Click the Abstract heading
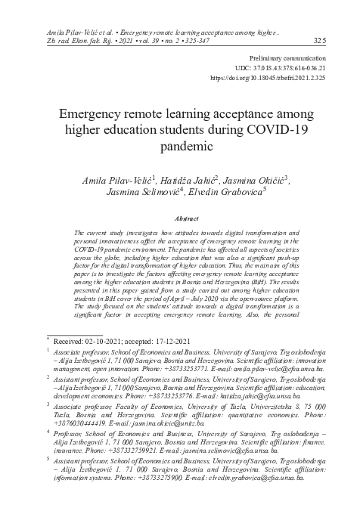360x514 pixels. pos(179,218)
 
